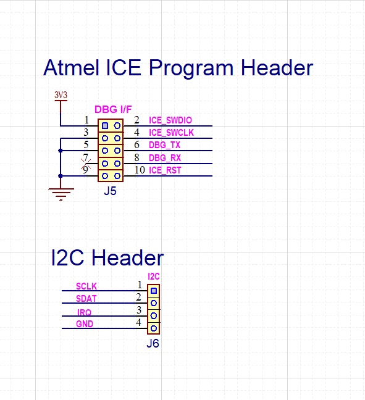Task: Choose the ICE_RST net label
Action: click(x=165, y=170)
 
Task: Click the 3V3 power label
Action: click(x=61, y=95)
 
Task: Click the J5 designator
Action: click(x=110, y=191)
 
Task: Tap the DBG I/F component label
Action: click(x=113, y=109)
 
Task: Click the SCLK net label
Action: click(x=86, y=286)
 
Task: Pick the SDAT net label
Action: click(x=86, y=299)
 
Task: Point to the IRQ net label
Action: click(x=85, y=312)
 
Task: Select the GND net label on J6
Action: click(x=85, y=324)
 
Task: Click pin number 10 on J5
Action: click(x=139, y=170)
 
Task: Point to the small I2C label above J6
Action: click(x=154, y=277)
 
